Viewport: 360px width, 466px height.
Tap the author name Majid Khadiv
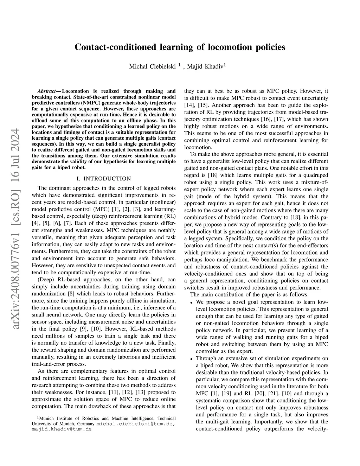tap(205, 66)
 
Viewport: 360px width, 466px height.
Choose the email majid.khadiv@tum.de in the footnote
tap(62, 429)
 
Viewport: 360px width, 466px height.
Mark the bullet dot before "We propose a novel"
tap(192, 303)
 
